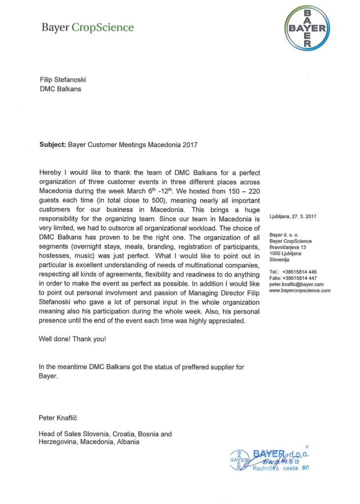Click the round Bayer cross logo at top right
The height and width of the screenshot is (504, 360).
[308, 29]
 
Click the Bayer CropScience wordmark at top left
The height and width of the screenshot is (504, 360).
[88, 28]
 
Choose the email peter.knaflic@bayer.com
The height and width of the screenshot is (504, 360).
[296, 284]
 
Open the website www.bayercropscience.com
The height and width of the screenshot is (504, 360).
[300, 291]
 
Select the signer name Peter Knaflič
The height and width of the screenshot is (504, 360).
[61, 418]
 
